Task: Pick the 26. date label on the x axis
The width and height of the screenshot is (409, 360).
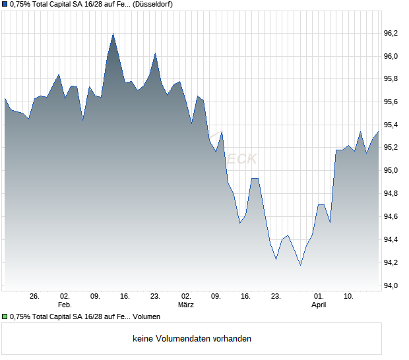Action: (x=35, y=297)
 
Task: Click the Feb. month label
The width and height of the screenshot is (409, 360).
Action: (x=65, y=305)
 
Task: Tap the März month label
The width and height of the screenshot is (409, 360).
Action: (x=187, y=305)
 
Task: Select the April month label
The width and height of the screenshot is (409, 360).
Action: (x=319, y=305)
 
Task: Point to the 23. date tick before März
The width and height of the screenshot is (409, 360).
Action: (x=155, y=297)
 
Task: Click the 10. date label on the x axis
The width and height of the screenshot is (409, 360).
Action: (x=349, y=297)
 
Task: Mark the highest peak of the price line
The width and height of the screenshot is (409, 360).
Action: (x=113, y=34)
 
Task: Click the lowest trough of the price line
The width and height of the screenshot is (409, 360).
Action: (x=300, y=265)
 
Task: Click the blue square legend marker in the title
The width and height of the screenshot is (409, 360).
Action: (x=5, y=5)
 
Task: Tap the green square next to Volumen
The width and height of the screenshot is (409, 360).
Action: (x=5, y=317)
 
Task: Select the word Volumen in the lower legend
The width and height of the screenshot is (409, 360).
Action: (x=146, y=317)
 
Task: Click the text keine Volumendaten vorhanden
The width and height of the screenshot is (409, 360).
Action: (x=192, y=339)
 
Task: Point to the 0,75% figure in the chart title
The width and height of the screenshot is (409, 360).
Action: (x=20, y=5)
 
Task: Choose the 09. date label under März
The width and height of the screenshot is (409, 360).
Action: (x=216, y=297)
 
